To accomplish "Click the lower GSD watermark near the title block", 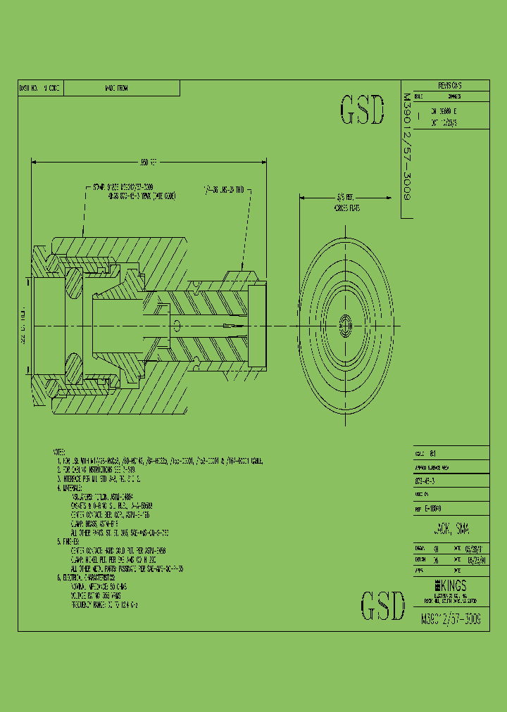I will pos(382,605).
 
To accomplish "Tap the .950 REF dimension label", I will pos(149,162).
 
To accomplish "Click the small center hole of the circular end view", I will pos(345,325).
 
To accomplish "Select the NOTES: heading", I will pos(59,452).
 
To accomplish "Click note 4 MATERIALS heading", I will pos(70,487).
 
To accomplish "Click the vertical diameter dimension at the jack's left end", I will pos(23,326).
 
